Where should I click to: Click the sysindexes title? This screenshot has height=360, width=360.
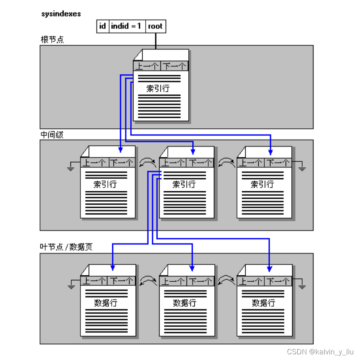point(61,14)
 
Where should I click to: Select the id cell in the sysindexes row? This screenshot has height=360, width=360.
point(102,26)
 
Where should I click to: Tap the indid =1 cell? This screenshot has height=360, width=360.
point(127,26)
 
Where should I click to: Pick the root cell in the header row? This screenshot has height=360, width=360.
point(155,26)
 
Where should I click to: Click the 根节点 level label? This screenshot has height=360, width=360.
point(52,40)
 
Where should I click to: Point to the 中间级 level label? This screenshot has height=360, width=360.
point(52,135)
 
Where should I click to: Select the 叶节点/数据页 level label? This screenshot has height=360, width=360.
point(66,247)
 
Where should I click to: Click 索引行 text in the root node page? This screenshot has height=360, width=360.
point(158,89)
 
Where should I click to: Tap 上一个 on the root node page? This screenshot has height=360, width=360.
point(147,66)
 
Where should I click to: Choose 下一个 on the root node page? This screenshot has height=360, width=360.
point(174,66)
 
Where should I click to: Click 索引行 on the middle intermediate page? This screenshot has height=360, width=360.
point(184,184)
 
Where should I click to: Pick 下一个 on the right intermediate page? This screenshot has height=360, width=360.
point(278,163)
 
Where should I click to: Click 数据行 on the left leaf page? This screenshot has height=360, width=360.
point(106,303)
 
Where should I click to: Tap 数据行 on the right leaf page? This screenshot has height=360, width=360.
point(263,303)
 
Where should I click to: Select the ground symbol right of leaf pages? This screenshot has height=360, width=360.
point(302,286)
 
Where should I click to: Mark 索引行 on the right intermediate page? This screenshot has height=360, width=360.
point(263,184)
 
